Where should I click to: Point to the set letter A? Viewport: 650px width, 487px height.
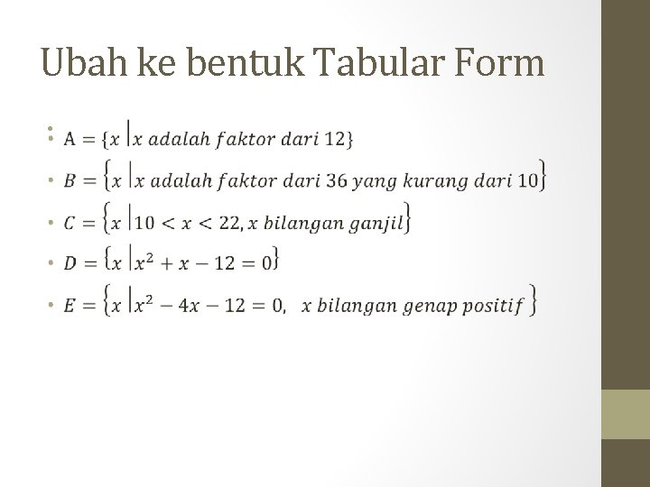[70, 140]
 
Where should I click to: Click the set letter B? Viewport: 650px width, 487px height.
[70, 181]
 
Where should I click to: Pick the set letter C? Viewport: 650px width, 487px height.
[70, 223]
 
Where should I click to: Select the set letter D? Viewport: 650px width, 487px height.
[70, 263]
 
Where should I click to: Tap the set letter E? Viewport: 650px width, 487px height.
[70, 306]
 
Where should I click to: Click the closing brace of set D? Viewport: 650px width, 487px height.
[274, 262]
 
